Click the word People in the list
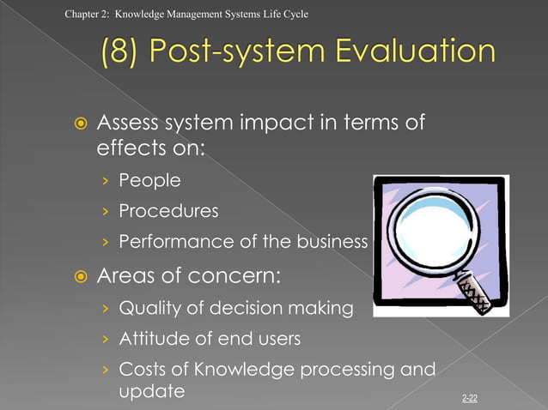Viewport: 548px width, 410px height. tap(149, 180)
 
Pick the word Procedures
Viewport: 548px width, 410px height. tap(168, 211)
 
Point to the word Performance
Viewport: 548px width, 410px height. tap(175, 242)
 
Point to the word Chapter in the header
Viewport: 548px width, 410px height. tap(81, 14)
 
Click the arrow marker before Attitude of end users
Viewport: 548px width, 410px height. tap(105, 340)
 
